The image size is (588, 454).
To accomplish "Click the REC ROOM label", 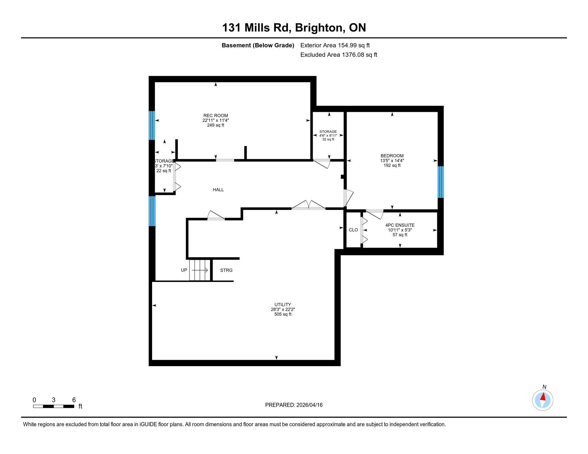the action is point(215,116).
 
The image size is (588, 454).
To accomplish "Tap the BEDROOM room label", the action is point(392,156).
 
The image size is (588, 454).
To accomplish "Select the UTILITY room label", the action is point(283,304).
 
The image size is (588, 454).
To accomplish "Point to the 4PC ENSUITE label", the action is point(400,225).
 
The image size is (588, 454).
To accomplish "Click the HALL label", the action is point(218,190).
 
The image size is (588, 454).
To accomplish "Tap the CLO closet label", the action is point(353,230).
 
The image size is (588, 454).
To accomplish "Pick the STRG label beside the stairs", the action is point(226,270).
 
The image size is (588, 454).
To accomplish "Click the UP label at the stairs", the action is point(184,270).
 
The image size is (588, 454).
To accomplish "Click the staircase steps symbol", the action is point(199,270).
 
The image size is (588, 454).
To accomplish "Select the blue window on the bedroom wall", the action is point(440,182).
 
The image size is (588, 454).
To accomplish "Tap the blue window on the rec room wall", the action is point(152,125).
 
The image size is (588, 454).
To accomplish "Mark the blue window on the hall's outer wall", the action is point(152,211).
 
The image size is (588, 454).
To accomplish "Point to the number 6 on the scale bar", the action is point(74,400).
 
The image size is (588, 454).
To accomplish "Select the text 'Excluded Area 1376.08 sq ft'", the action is point(339,55).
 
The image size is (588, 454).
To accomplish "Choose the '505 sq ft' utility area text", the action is point(283,314).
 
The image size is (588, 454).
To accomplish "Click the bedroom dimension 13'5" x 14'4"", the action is point(392,161).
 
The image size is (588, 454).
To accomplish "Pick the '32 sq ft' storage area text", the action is point(328,139).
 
